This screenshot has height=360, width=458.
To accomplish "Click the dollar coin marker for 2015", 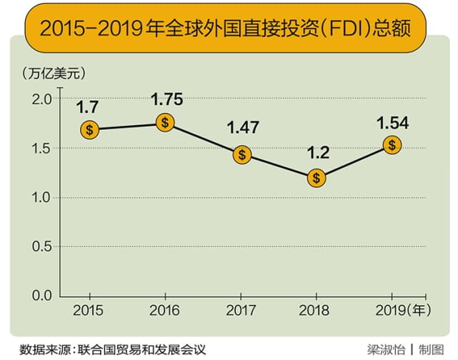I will tap(89, 130).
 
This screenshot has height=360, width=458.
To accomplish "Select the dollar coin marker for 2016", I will tap(165, 123).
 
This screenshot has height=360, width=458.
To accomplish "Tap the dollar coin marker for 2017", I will tap(243, 154).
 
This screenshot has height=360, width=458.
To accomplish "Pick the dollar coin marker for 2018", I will tap(317, 177).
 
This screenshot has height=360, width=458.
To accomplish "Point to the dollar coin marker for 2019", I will tap(392, 145).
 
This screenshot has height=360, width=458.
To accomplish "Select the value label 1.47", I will tap(243, 129).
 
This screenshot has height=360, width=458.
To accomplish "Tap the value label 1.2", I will tap(317, 154).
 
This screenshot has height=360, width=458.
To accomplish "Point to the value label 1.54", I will tap(392, 122).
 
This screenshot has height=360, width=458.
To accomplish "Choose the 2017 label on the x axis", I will tap(242, 312).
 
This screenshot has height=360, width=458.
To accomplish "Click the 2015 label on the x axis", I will tap(89, 312).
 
